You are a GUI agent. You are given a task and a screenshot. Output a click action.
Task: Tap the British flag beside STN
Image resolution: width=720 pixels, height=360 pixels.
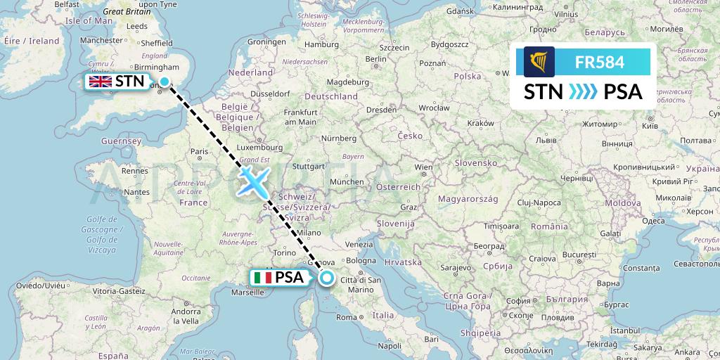coord(99,82)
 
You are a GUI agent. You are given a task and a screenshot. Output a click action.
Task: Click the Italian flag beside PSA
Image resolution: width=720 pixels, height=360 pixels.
coord(262,278)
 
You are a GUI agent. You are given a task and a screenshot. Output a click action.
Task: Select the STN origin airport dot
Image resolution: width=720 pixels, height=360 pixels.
coord(165,82)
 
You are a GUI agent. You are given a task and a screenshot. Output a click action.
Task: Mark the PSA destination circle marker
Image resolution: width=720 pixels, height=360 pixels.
coord(327,278)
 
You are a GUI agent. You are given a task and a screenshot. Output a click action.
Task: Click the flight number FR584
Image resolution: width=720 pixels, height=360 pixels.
coord(600,62)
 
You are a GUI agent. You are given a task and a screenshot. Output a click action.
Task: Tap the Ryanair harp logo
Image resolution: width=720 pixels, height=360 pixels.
coord(539,62)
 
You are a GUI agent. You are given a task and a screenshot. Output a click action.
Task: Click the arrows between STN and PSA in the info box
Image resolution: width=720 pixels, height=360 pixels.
coord(583,91)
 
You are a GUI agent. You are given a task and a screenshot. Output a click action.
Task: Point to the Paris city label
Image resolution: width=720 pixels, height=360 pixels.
coord(200,151)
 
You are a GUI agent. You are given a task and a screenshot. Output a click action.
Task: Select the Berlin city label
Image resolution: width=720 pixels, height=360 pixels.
coord(378,60)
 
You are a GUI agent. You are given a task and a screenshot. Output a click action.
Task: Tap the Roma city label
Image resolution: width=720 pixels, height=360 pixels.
coord(347,317)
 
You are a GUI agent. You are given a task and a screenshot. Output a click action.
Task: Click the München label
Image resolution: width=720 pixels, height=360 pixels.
coord(347,181)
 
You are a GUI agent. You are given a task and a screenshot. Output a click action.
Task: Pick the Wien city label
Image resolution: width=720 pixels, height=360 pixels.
coord(423,167)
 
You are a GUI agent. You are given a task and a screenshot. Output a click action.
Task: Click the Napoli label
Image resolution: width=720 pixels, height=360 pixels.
coord(389,346)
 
